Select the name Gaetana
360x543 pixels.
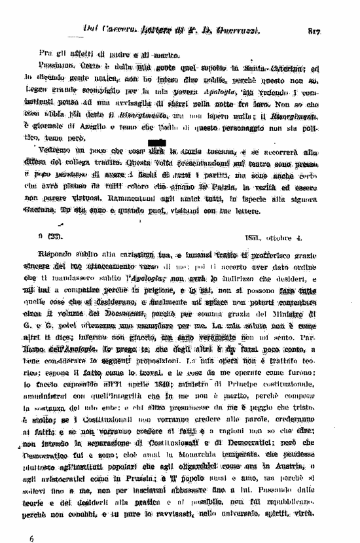(53, 211)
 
